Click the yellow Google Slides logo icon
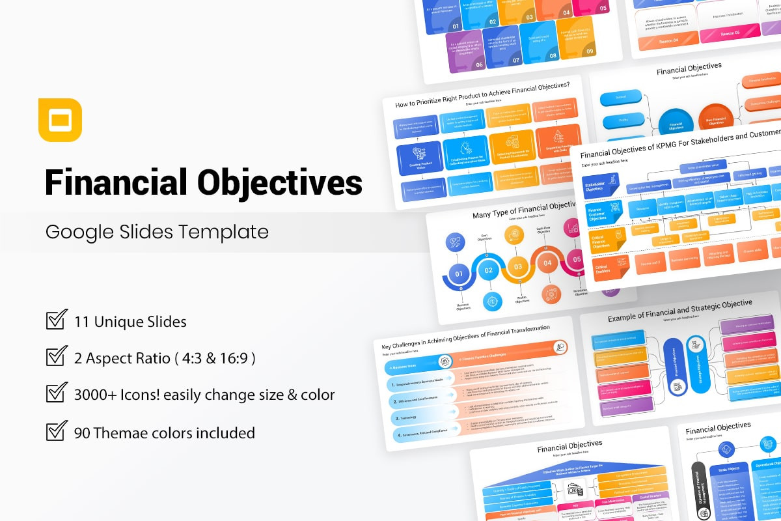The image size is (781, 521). tap(60, 120)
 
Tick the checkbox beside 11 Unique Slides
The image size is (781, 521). tap(57, 320)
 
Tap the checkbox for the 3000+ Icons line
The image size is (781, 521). tap(57, 394)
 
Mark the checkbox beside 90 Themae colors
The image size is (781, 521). tap(57, 431)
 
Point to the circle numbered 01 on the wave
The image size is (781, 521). tap(459, 274)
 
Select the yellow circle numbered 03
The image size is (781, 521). tap(518, 266)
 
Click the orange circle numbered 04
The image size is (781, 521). tap(547, 263)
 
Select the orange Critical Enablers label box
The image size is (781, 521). tap(603, 267)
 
